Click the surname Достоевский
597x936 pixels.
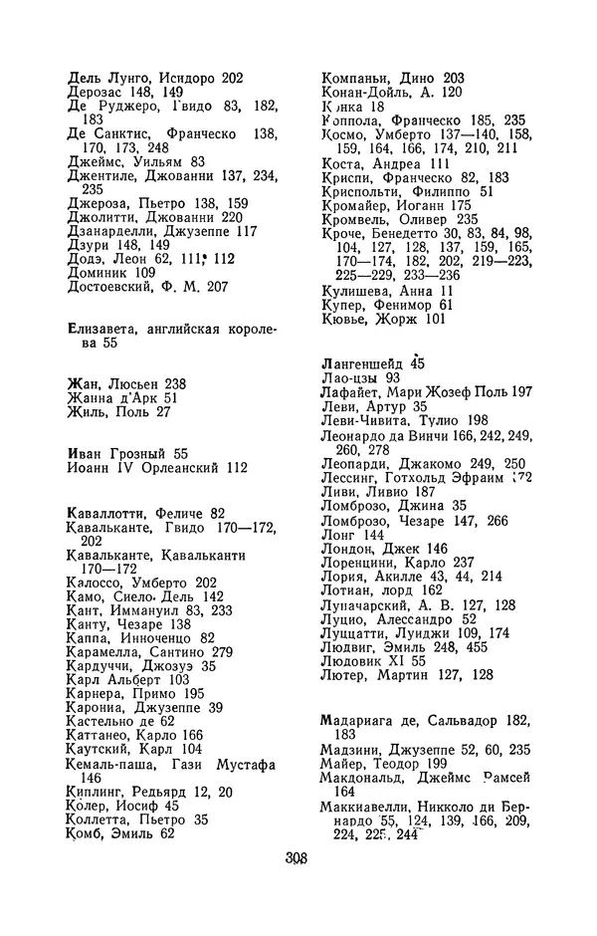(x=112, y=287)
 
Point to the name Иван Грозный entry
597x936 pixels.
(x=117, y=452)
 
